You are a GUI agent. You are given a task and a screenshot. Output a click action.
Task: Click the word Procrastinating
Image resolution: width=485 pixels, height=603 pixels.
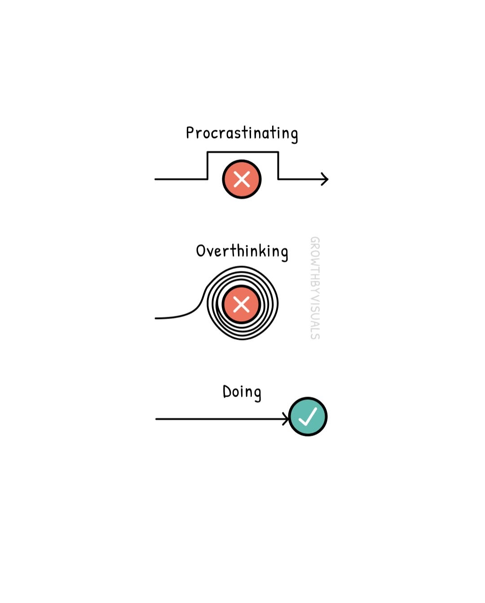coord(242,134)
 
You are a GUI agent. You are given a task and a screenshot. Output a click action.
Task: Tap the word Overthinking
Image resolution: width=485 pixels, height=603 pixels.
coord(242,252)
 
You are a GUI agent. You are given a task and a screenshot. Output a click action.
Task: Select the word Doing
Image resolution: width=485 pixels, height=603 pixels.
coord(242,392)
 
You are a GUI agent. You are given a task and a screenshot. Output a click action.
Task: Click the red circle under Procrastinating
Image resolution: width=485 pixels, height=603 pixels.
coord(242,179)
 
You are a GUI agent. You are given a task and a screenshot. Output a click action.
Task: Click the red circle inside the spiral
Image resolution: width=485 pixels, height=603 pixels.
coord(241,304)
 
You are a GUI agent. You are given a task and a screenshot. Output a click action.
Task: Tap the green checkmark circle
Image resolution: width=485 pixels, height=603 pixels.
coord(308,416)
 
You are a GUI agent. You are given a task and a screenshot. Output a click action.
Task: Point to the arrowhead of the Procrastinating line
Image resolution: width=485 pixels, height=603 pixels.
coord(325,179)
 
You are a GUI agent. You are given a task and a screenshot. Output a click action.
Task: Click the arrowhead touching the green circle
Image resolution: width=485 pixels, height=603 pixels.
coord(286,419)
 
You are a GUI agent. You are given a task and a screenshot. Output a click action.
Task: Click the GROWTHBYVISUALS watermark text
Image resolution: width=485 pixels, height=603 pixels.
coord(315,288)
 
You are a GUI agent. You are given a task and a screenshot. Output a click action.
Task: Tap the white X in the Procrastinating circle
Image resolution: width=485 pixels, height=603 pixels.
coord(242,179)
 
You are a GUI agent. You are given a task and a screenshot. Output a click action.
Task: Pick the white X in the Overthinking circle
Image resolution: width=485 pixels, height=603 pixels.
coord(241,304)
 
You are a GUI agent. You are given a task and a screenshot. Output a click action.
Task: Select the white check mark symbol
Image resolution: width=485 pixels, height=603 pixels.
coord(308,416)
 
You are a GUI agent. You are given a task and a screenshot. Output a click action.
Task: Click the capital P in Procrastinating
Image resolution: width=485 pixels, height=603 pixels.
coord(190,133)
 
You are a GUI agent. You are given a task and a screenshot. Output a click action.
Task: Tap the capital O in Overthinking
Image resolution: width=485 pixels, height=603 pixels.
coord(201,251)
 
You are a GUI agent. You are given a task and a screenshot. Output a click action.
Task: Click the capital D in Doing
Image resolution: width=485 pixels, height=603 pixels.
coord(227,391)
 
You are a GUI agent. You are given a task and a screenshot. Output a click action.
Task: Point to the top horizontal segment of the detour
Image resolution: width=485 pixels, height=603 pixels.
coord(243,152)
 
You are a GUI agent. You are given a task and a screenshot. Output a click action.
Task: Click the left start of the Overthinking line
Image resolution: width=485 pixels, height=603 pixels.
coord(155,318)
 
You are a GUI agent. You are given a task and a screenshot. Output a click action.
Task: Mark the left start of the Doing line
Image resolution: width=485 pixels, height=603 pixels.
coord(156,419)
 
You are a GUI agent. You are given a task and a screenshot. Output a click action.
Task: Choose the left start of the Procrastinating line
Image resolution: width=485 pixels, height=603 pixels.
coord(155,179)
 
